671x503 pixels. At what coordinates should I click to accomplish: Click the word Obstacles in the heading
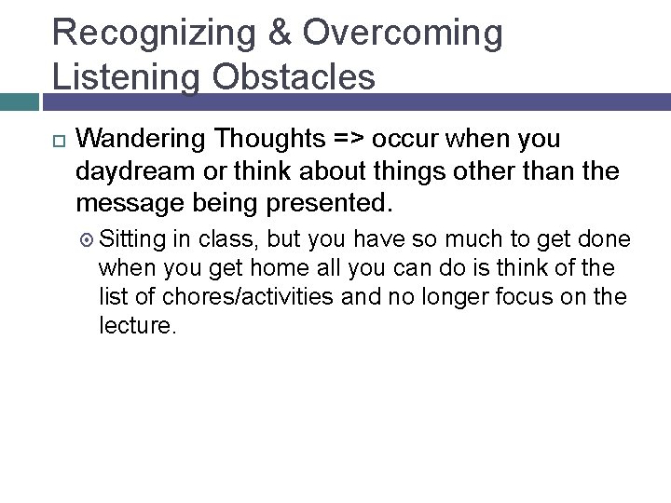(x=296, y=76)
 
